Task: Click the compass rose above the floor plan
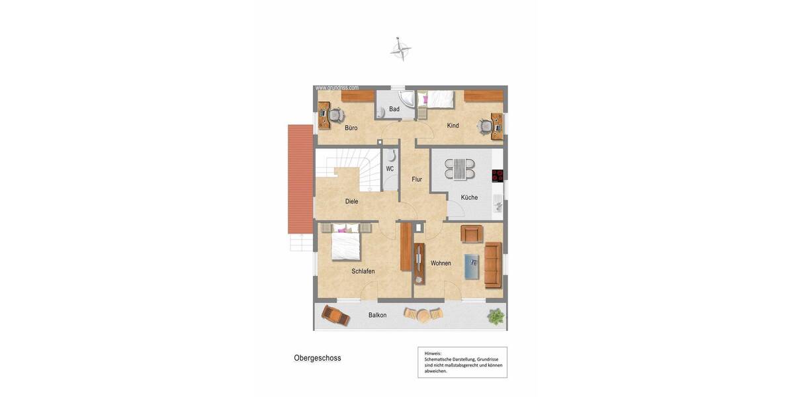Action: click(x=400, y=49)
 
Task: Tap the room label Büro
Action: click(x=351, y=128)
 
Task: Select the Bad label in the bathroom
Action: click(x=394, y=109)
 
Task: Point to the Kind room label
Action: click(x=453, y=126)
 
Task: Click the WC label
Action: click(x=390, y=169)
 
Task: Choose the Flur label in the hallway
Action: click(x=417, y=179)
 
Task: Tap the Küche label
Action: click(x=469, y=197)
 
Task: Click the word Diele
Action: click(x=351, y=201)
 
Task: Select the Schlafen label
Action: click(x=363, y=271)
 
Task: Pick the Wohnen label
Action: click(x=441, y=263)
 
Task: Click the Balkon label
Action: click(x=377, y=315)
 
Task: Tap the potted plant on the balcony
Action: click(x=495, y=316)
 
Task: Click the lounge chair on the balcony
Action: click(x=335, y=315)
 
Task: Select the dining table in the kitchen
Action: click(x=459, y=169)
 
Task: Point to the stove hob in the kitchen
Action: click(x=498, y=175)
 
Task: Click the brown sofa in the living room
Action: click(x=493, y=264)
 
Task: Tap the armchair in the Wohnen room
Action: click(x=472, y=234)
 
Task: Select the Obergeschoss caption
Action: click(x=318, y=358)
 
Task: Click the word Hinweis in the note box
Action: click(x=433, y=353)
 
